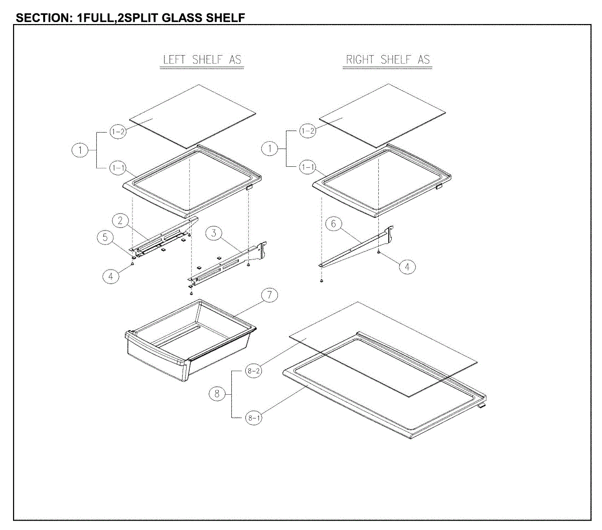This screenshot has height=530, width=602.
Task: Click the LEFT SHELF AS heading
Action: pyautogui.click(x=202, y=60)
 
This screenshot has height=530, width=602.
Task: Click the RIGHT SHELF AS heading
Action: pyautogui.click(x=388, y=60)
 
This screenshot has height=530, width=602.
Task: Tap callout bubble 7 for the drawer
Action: pyautogui.click(x=269, y=295)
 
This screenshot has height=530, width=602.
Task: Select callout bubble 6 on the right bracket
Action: pyautogui.click(x=334, y=224)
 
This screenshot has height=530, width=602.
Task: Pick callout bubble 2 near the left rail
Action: pyautogui.click(x=120, y=220)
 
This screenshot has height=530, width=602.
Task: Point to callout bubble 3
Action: pyautogui.click(x=214, y=233)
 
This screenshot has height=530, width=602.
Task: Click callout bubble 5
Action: pyautogui.click(x=105, y=237)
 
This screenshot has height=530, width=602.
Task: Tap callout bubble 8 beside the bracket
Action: pyautogui.click(x=217, y=394)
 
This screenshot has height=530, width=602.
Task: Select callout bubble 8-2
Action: pyautogui.click(x=253, y=371)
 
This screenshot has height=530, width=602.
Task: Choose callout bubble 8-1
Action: pyautogui.click(x=253, y=417)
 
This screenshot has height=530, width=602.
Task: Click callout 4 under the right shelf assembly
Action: pyautogui.click(x=407, y=267)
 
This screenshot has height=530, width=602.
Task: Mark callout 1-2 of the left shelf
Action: pyautogui.click(x=118, y=132)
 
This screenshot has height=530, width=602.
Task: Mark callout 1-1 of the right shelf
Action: pyautogui.click(x=308, y=167)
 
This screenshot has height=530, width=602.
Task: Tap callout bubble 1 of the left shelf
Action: pyautogui.click(x=80, y=150)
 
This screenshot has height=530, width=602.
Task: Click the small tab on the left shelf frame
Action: pyautogui.click(x=249, y=187)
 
